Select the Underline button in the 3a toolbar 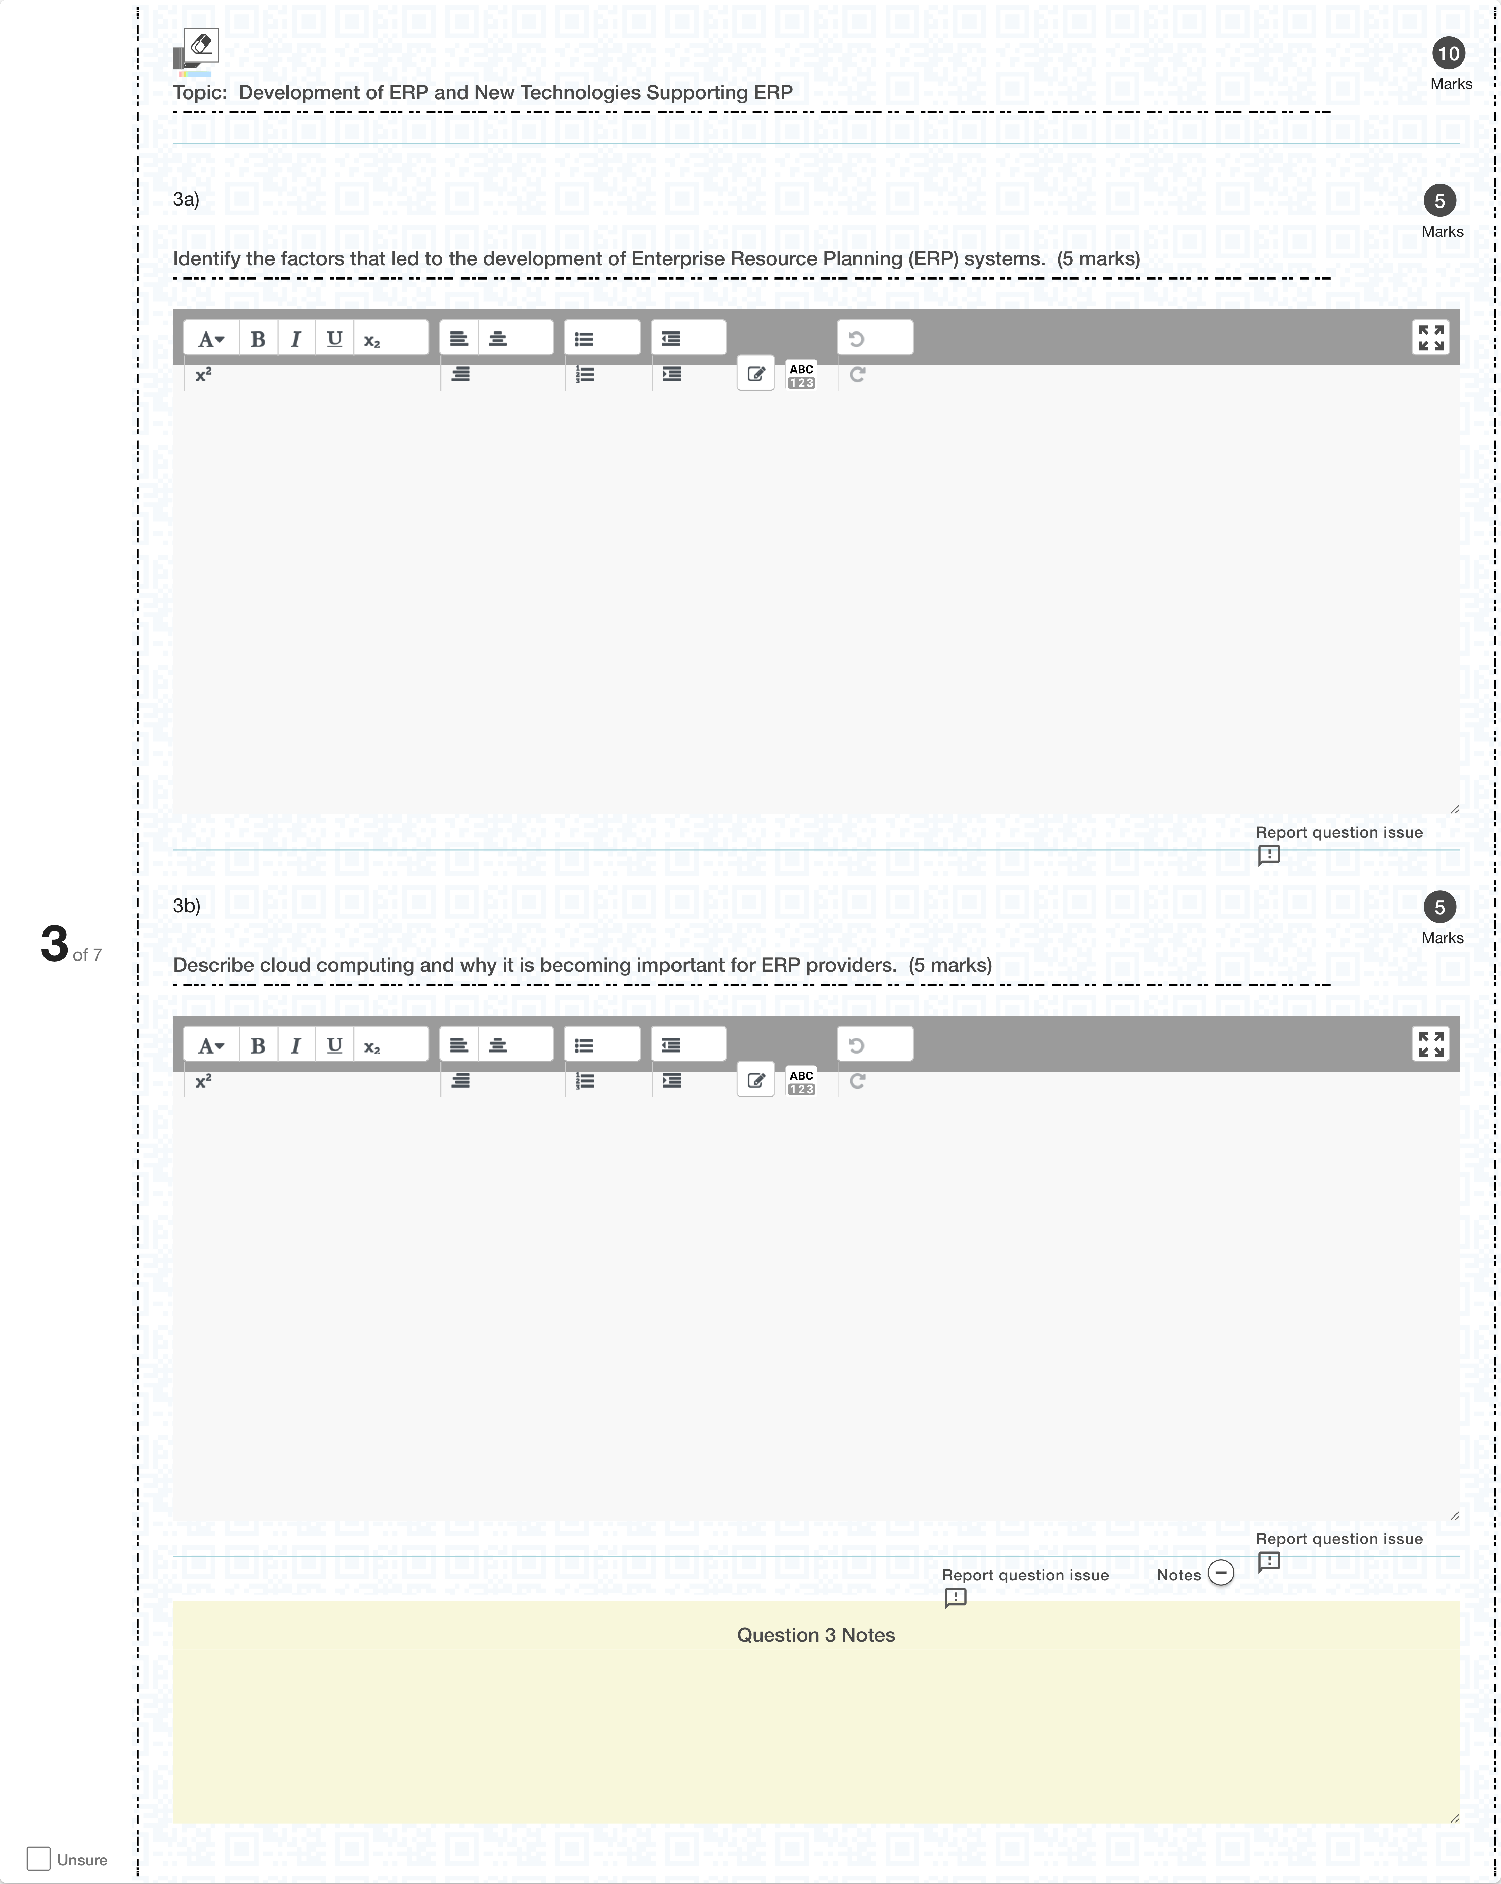tap(334, 339)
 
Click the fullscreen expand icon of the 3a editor tap(1430, 337)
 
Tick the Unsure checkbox tap(38, 1859)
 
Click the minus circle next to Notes tap(1220, 1573)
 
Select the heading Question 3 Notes tap(816, 1635)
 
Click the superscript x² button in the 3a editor tap(203, 375)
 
